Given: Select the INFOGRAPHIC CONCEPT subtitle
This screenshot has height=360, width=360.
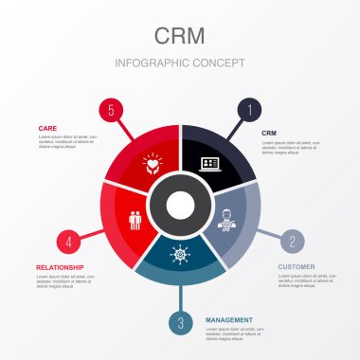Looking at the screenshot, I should [x=180, y=63].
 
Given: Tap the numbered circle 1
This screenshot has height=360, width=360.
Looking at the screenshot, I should [x=249, y=110].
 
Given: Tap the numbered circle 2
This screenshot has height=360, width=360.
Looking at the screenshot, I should [x=293, y=241].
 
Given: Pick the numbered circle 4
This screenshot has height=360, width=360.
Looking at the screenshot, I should [x=68, y=241].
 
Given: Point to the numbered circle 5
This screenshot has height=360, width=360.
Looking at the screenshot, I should [x=111, y=110].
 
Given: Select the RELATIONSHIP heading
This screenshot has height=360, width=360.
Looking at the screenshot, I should [x=60, y=267].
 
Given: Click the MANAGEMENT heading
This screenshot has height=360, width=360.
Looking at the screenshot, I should [x=229, y=320].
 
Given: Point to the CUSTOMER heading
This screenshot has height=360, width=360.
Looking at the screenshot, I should [x=296, y=267].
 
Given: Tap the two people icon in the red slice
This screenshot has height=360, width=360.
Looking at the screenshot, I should [x=135, y=219].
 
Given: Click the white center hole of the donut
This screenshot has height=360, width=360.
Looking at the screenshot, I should [x=180, y=203].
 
